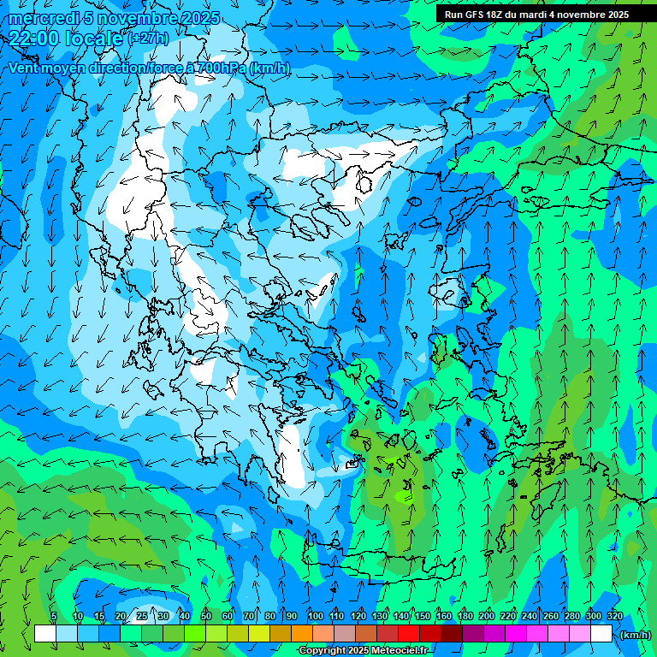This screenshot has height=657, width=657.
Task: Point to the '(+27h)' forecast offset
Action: click(x=149, y=38)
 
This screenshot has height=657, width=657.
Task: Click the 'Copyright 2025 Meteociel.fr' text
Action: click(x=364, y=651)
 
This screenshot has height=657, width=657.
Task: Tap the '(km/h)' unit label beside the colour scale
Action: click(x=635, y=635)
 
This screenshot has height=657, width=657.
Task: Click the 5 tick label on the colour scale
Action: click(x=55, y=616)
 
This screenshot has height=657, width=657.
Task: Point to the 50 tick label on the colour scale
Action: click(x=206, y=616)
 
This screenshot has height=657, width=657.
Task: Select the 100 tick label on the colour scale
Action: click(x=315, y=616)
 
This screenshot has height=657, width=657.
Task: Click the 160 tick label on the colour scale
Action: click(x=444, y=616)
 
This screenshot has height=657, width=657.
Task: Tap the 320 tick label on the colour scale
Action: click(x=615, y=616)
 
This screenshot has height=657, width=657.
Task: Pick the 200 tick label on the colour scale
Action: click(x=487, y=616)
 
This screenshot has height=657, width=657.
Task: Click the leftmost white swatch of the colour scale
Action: click(x=45, y=634)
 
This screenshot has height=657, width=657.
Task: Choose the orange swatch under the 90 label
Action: click(x=302, y=634)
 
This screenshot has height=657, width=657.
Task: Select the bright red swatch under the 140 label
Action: click(x=409, y=634)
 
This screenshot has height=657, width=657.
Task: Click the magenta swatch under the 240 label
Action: click(x=537, y=634)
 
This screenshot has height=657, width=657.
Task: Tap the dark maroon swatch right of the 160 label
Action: click(x=452, y=634)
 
